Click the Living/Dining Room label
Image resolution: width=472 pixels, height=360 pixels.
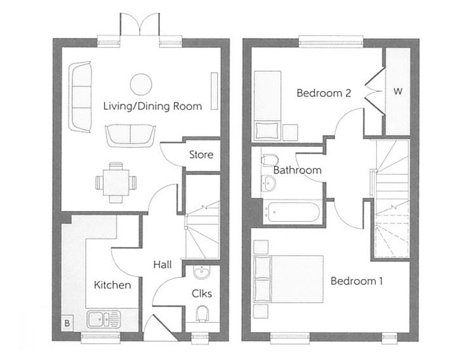point(152,107)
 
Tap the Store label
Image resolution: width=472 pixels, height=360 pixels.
point(201,154)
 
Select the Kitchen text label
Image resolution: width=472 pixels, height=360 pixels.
point(112,285)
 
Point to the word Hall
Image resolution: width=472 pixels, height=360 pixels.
point(162,264)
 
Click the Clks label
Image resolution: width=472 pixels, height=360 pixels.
point(202,293)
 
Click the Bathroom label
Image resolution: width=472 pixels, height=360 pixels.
point(297,169)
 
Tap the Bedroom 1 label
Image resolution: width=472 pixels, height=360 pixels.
point(357,281)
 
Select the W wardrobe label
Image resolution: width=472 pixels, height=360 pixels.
point(398,91)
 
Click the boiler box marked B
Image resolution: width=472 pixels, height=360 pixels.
point(67,324)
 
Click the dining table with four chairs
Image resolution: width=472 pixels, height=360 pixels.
point(117,182)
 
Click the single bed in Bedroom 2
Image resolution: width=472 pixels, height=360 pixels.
point(267,105)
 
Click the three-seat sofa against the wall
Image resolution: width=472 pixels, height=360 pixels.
point(81,98)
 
